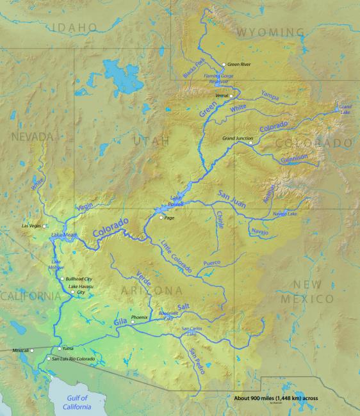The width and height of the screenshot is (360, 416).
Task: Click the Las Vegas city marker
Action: (45, 226)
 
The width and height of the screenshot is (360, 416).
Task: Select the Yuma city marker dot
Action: (60, 348)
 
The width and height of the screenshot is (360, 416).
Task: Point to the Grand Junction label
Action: (238, 138)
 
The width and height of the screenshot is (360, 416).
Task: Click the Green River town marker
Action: (223, 65)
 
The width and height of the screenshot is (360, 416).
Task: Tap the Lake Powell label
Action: (176, 201)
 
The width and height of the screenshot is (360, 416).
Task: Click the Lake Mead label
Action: (64, 235)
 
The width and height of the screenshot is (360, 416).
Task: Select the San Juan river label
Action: (232, 196)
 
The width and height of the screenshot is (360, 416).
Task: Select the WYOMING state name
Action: (270, 31)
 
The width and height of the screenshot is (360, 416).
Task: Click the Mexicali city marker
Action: (31, 351)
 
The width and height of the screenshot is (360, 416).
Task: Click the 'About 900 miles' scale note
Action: (276, 397)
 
